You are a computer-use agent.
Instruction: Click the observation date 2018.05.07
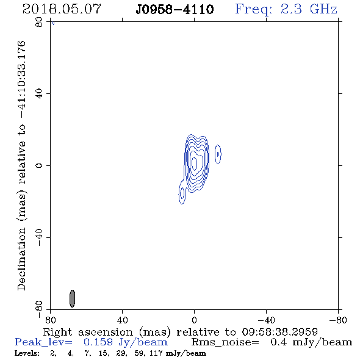click(62, 9)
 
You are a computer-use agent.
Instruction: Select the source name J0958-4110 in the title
click(175, 10)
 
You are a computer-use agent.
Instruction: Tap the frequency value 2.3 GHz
click(309, 9)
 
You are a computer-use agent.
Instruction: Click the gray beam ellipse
click(73, 298)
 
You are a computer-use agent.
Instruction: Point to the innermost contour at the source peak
click(194, 164)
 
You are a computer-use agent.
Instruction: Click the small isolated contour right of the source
click(218, 154)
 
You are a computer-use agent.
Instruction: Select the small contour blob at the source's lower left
click(182, 192)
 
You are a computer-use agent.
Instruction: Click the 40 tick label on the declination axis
click(39, 94)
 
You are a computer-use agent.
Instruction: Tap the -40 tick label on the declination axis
click(39, 237)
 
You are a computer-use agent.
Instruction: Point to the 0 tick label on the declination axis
click(39, 165)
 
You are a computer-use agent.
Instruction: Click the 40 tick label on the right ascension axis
click(122, 320)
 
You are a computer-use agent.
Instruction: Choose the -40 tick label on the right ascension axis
click(266, 320)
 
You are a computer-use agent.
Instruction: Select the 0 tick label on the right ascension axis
click(194, 320)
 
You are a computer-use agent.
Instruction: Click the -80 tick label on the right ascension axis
click(338, 320)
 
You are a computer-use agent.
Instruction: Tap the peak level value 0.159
click(98, 342)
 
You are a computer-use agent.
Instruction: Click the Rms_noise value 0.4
click(279, 342)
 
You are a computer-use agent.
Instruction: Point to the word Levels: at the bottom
click(27, 353)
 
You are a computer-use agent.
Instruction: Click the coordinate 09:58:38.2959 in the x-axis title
click(280, 332)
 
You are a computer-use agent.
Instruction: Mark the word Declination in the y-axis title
click(21, 259)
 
